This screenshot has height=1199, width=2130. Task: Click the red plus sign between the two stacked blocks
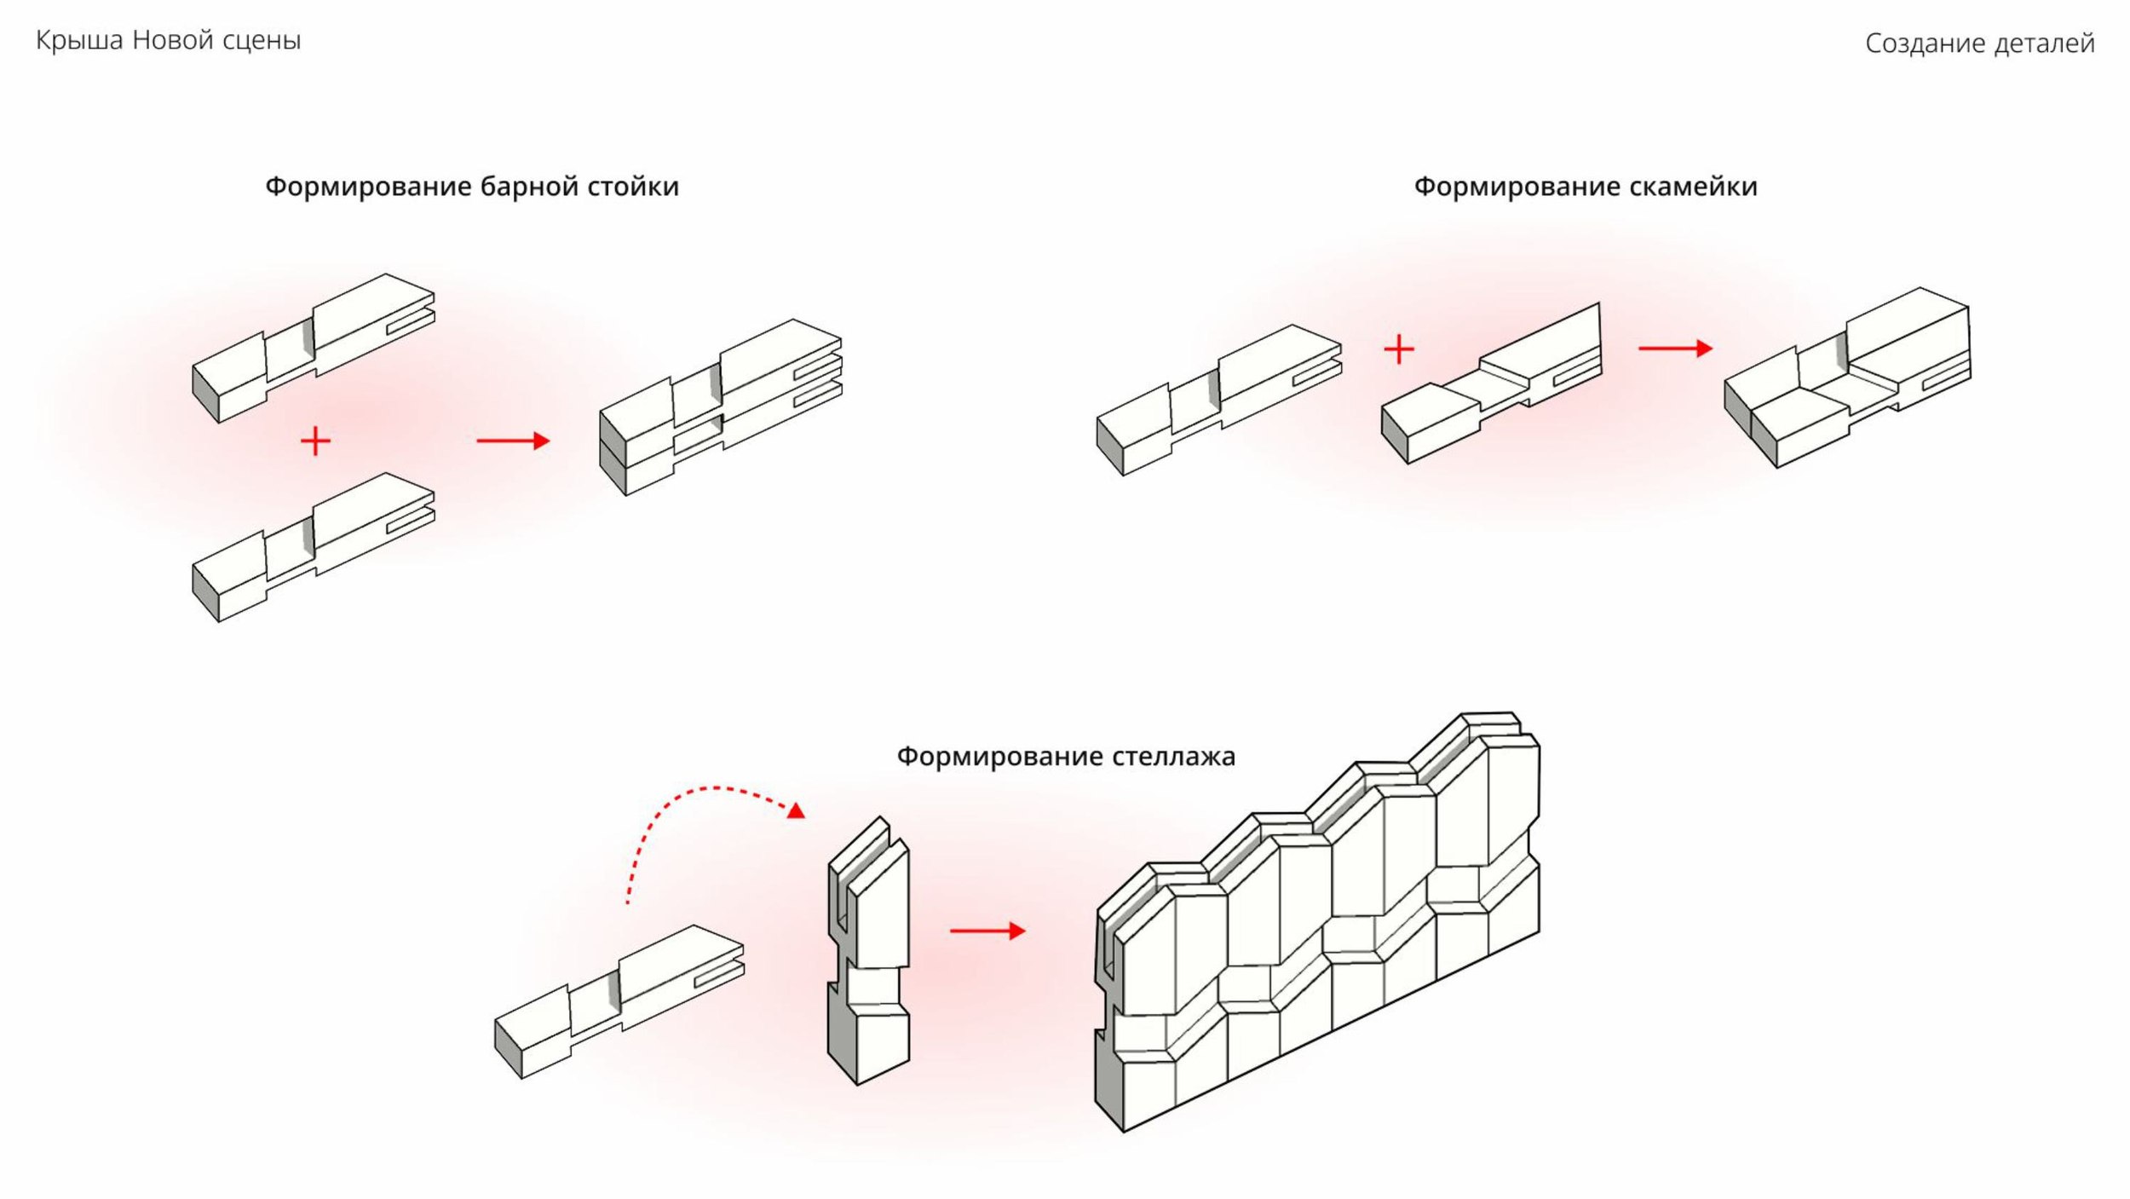click(x=315, y=441)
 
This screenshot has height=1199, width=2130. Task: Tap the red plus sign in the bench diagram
click(x=1398, y=349)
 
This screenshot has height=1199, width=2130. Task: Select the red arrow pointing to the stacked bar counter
click(x=513, y=441)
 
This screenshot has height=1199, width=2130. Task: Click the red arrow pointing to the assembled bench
click(x=1675, y=348)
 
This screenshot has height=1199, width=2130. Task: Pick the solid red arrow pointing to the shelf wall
click(x=987, y=931)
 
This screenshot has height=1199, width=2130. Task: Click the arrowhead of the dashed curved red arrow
click(x=796, y=810)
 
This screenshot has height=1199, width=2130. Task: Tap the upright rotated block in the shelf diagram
click(x=868, y=950)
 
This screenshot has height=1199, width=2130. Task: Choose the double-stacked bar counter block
click(x=721, y=407)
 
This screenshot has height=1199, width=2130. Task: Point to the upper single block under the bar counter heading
click(x=314, y=348)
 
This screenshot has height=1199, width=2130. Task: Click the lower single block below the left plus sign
click(x=314, y=547)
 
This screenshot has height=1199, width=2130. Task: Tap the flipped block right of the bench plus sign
click(x=1491, y=383)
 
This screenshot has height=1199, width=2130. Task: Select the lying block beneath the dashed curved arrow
click(x=619, y=1002)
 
